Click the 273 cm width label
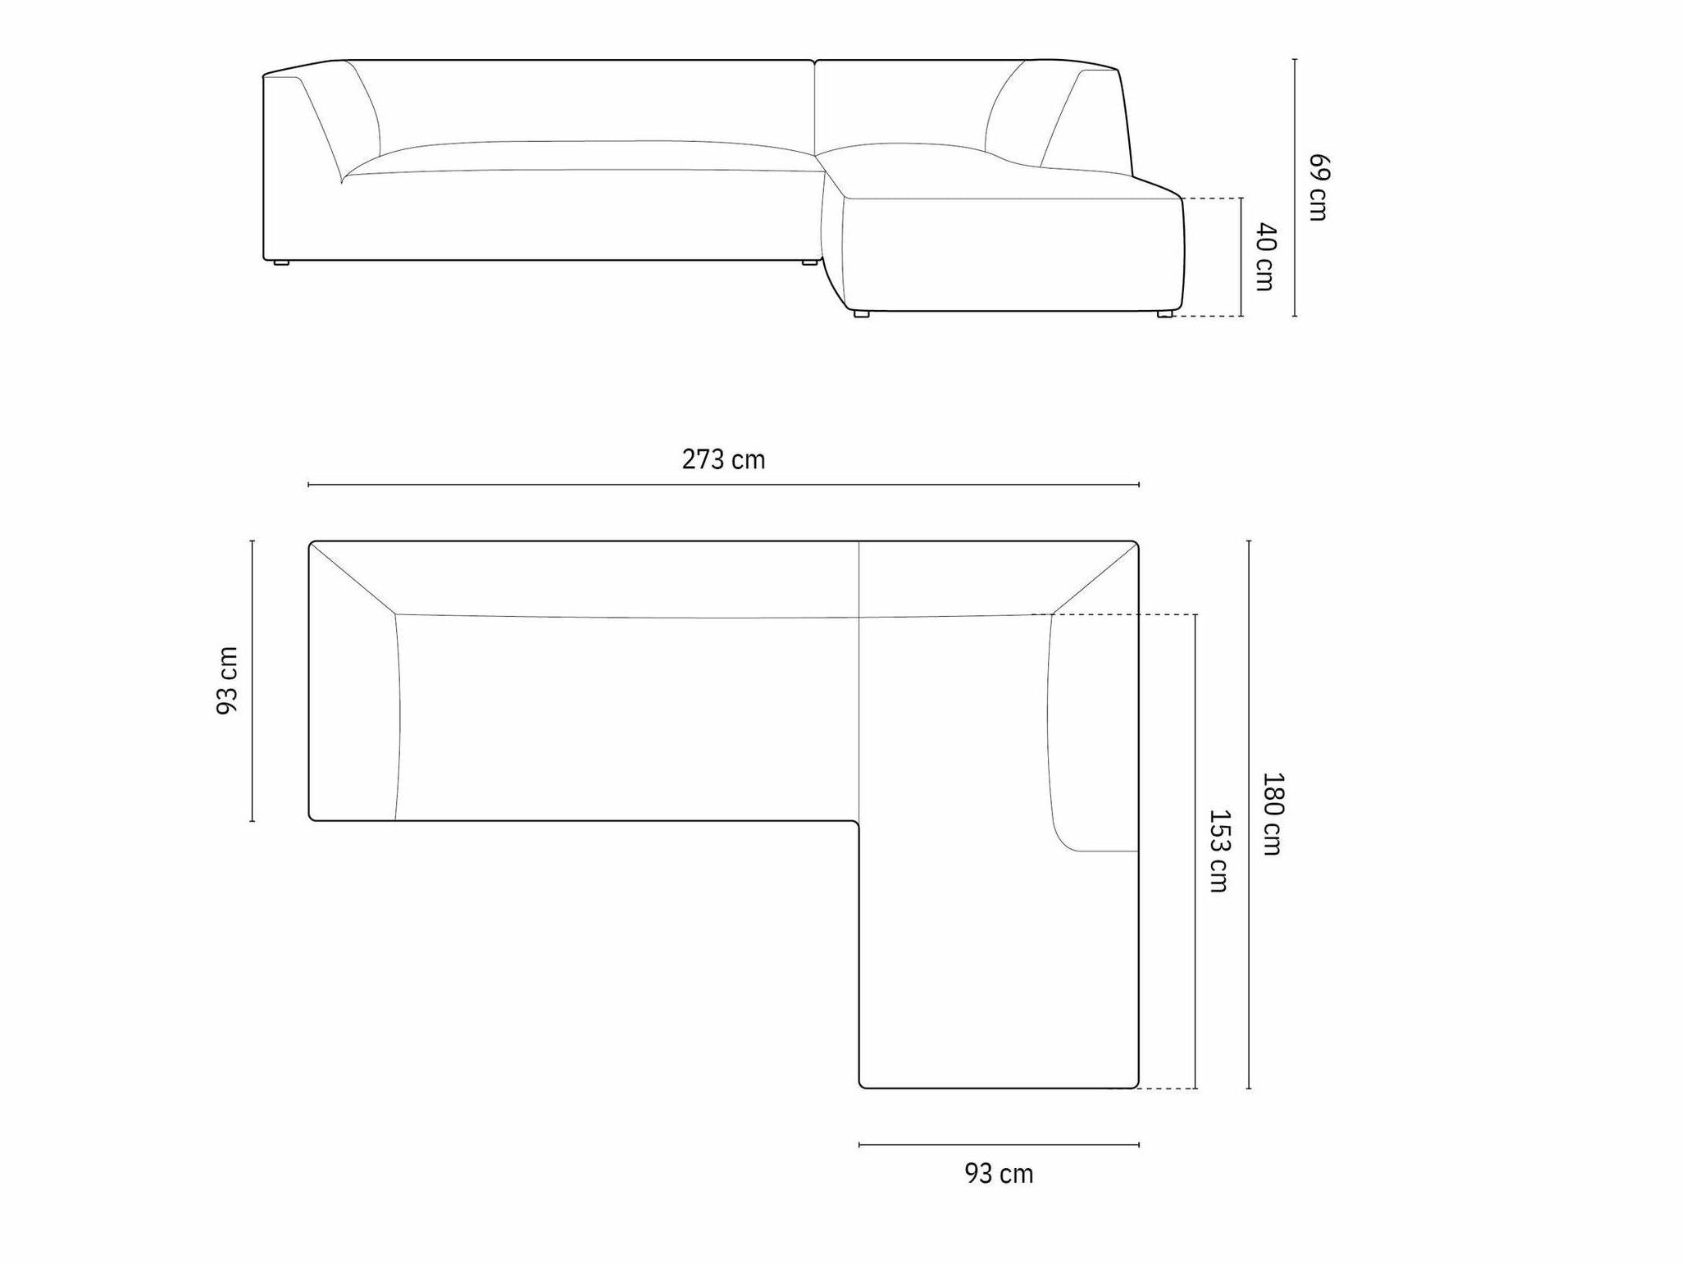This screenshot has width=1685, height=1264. click(x=723, y=459)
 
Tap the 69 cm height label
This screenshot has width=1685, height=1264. click(x=1318, y=187)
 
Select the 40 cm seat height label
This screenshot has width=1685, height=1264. click(x=1266, y=257)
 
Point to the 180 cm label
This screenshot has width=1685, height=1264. click(x=1272, y=814)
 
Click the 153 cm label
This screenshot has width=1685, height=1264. click(x=1219, y=851)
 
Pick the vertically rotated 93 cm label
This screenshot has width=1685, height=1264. click(x=227, y=680)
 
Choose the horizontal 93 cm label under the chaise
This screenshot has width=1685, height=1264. click(x=999, y=1174)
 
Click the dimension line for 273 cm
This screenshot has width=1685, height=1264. click(x=723, y=485)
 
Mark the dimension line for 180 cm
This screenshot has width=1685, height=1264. click(x=1249, y=815)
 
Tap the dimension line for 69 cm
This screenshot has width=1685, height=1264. click(x=1295, y=187)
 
